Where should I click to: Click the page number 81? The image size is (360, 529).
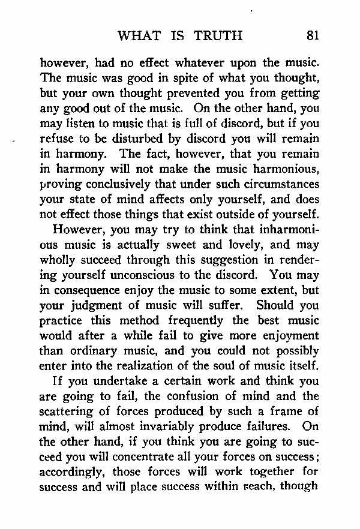pyautogui.click(x=311, y=35)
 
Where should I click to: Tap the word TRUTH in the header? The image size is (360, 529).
pyautogui.click(x=218, y=35)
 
